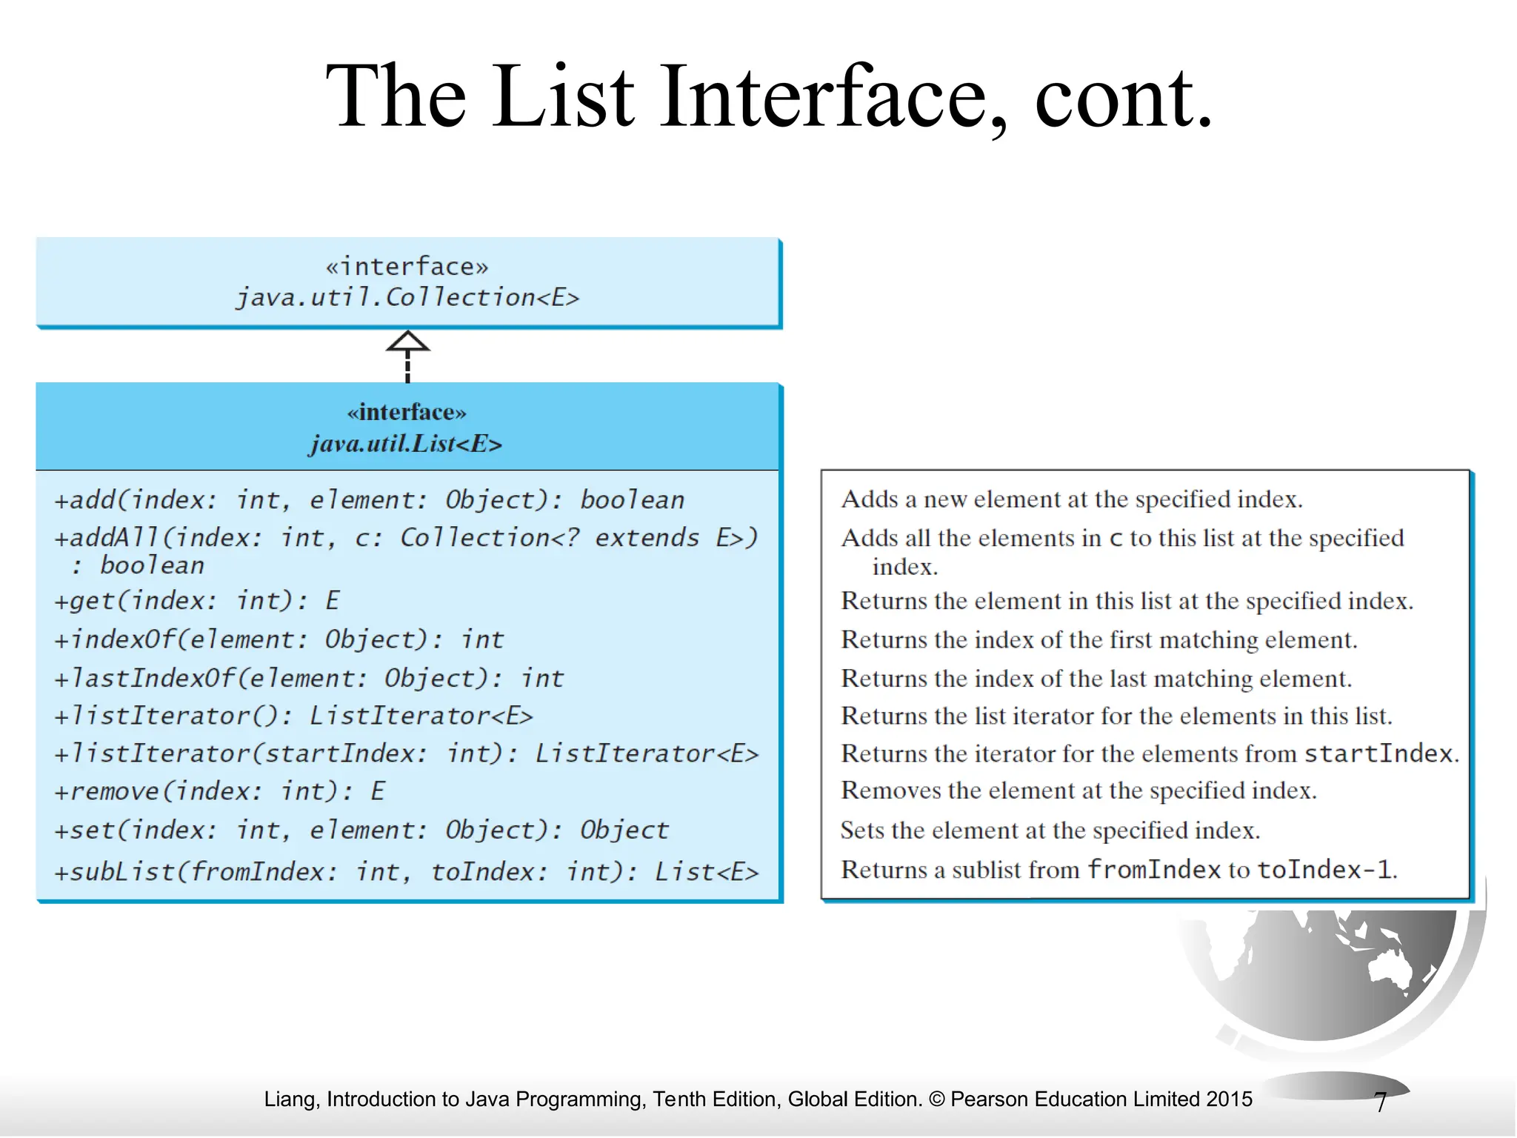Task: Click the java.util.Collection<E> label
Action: click(x=407, y=297)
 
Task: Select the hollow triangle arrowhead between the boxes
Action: click(x=407, y=342)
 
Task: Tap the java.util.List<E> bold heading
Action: click(x=406, y=444)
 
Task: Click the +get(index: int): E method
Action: click(x=196, y=600)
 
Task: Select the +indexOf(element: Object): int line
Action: click(x=279, y=639)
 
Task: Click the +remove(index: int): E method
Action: click(x=219, y=791)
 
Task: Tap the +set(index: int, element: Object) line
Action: click(x=361, y=830)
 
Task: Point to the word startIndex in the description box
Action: click(x=1378, y=753)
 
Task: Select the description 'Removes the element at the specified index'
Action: click(x=1078, y=791)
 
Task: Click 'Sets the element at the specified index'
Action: click(x=1050, y=830)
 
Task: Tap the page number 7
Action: click(x=1380, y=1102)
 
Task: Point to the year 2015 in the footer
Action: click(x=1229, y=1099)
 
